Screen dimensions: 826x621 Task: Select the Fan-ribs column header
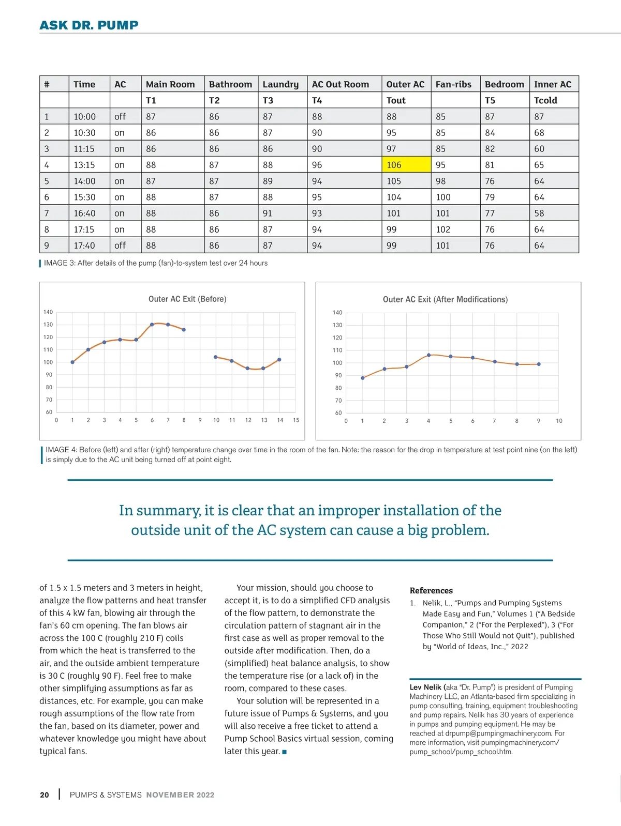(x=453, y=84)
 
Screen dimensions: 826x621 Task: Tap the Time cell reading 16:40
(x=84, y=213)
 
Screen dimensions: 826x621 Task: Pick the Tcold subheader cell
(x=545, y=100)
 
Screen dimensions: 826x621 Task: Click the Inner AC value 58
(x=539, y=213)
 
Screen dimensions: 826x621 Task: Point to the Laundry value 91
(x=268, y=213)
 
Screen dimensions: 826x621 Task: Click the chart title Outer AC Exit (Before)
(x=187, y=299)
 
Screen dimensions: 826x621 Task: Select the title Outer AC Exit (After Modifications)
(x=445, y=299)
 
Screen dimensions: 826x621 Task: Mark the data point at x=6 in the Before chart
(x=152, y=325)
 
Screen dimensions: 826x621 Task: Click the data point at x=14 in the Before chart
(x=279, y=360)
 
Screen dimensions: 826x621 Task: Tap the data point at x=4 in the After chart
(x=428, y=355)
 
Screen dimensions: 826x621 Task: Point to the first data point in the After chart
(x=363, y=378)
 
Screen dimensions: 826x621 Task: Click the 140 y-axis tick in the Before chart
(x=48, y=312)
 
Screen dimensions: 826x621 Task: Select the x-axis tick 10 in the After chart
(x=559, y=421)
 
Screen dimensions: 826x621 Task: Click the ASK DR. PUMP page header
(x=89, y=25)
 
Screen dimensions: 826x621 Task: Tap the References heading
(x=431, y=590)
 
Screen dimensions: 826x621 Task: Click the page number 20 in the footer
(x=45, y=795)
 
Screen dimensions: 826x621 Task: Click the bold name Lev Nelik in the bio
(x=425, y=687)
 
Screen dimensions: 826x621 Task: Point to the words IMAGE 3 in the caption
(x=60, y=263)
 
